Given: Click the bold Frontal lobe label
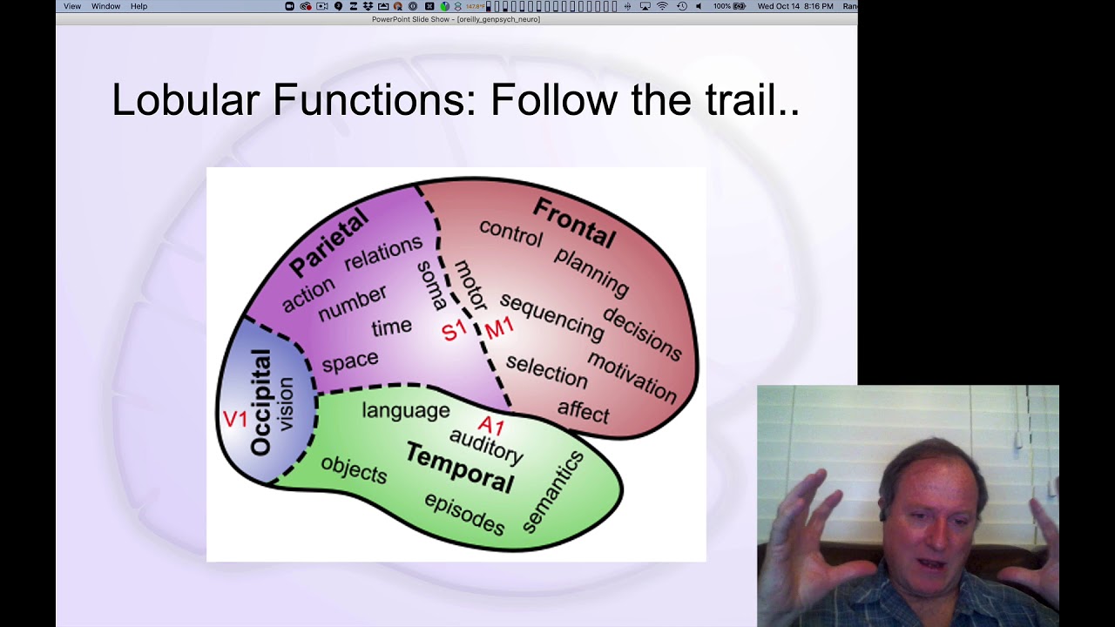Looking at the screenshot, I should [574, 223].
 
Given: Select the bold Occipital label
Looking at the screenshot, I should [260, 402].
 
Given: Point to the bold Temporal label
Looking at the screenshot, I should [459, 468].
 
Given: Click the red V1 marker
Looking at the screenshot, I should [235, 419].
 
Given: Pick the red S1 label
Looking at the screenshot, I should [454, 331].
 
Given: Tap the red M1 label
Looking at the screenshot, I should [499, 328].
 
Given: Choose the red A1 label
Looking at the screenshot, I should [491, 426].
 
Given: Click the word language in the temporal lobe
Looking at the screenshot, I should [406, 410].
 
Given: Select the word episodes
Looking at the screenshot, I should [464, 513].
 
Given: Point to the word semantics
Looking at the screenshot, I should [553, 491].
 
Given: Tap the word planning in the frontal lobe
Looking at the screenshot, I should [591, 271].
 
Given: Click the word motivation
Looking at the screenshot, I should [632, 376].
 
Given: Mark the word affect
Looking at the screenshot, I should [583, 411].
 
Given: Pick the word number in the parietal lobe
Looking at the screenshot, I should [352, 303].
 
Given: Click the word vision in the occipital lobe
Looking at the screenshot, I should [286, 405].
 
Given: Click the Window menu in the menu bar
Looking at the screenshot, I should [106, 6].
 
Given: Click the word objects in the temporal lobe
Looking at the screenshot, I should [354, 470].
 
